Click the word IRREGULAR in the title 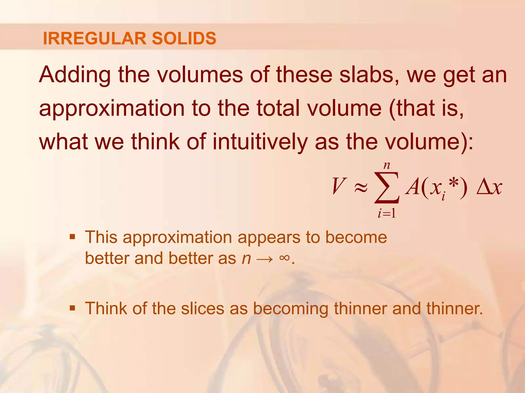pos(95,38)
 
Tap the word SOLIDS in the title pos(184,38)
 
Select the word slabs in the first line pos(369,75)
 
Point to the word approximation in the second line pos(112,109)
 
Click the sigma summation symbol pos(387,187)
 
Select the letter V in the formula pos(338,187)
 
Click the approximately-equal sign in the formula pos(361,188)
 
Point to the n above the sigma pos(387,166)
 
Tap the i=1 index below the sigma pos(387,213)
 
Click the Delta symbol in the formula pos(483,187)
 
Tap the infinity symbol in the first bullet pos(285,258)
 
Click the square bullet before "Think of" pos(73,308)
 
